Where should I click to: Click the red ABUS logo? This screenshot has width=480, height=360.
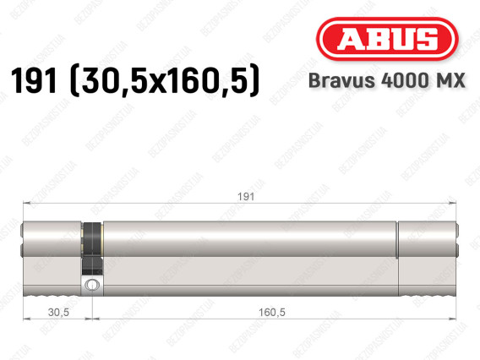tap(387, 39)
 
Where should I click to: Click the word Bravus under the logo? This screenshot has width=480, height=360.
tap(341, 80)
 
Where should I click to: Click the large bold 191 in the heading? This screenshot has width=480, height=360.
tap(34, 80)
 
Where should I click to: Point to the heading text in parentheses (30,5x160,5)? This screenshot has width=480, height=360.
tap(165, 81)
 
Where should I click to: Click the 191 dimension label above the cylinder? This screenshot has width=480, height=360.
tap(246, 197)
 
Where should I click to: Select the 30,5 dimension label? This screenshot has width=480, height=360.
tap(58, 312)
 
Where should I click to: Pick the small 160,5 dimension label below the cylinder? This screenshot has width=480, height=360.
tap(272, 312)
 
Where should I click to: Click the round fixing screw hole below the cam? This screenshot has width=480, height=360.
tap(91, 285)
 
